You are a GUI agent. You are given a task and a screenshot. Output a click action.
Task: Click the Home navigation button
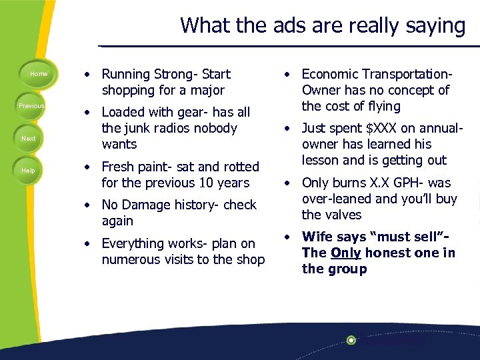tap(39, 73)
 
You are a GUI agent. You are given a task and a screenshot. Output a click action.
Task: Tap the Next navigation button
tap(29, 138)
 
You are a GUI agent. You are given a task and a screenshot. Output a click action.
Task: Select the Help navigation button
tap(28, 171)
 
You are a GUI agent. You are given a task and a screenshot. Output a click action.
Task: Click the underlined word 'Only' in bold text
tap(346, 253)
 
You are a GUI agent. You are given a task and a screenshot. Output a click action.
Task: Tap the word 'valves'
tap(343, 215)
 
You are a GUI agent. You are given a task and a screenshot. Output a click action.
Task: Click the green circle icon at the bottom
tap(351, 340)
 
